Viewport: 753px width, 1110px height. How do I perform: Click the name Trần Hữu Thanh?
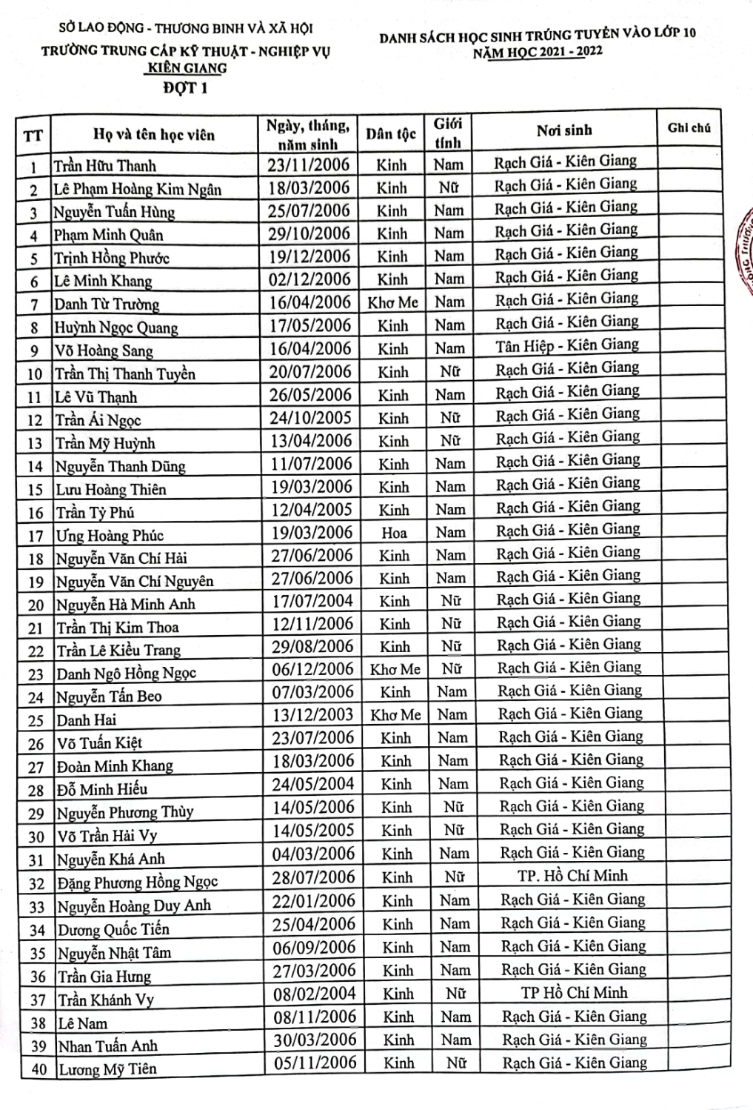click(104, 165)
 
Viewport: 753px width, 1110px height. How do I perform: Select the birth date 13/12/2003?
click(312, 714)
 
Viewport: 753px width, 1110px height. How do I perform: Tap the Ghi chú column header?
click(689, 127)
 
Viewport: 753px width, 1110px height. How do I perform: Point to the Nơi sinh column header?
click(564, 130)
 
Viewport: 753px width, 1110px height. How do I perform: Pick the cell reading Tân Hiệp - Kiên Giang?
click(566, 345)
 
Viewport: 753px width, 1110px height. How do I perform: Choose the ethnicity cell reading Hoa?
click(394, 532)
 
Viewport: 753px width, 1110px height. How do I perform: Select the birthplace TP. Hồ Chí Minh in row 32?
click(572, 876)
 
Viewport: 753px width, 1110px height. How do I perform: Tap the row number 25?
click(36, 720)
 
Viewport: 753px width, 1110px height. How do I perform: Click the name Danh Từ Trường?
click(107, 304)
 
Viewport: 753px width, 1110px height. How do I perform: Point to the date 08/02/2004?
click(314, 994)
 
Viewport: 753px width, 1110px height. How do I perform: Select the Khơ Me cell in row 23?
click(395, 669)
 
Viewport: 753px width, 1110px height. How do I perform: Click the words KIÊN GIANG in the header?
click(185, 68)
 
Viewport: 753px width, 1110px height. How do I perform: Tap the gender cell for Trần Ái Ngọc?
click(449, 418)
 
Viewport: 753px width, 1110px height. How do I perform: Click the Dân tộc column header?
click(391, 134)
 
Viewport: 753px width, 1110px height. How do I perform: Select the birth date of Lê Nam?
click(314, 1017)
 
